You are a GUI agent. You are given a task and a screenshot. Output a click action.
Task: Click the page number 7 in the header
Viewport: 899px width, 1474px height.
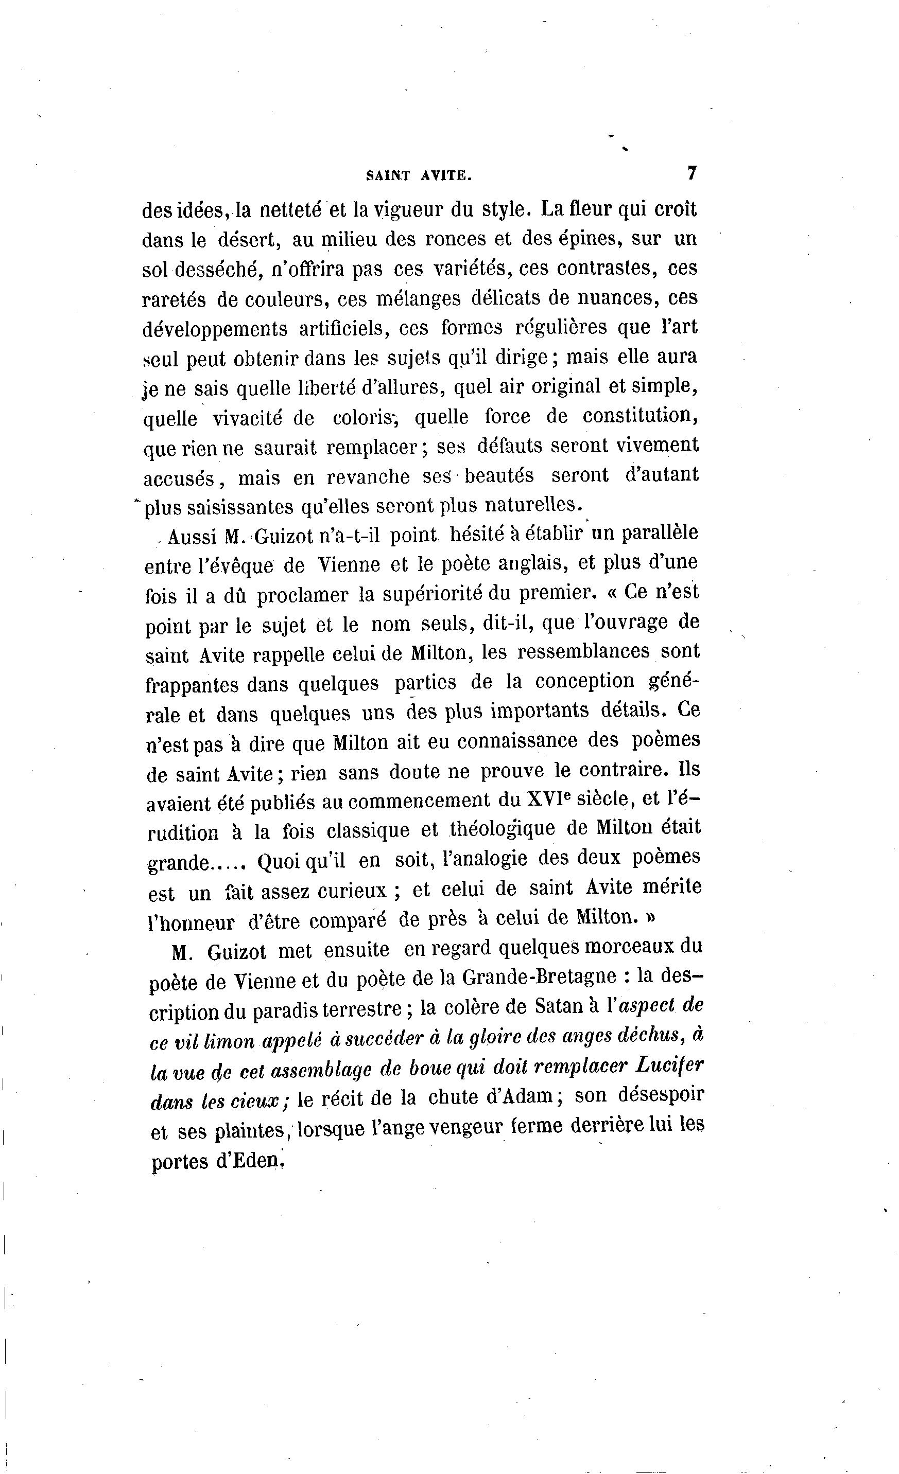(x=692, y=173)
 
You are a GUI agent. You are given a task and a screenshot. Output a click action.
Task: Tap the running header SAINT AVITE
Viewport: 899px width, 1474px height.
(x=419, y=176)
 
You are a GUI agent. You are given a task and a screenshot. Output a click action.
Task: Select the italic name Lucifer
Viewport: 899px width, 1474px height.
(x=667, y=1065)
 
